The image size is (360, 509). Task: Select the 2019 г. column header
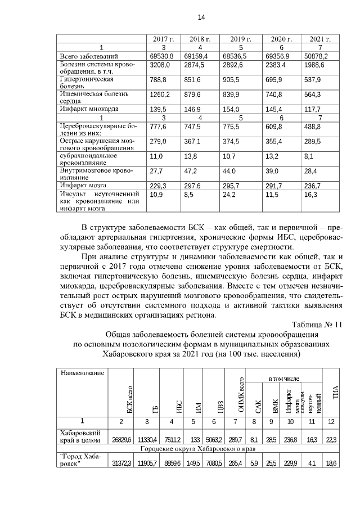tap(236, 39)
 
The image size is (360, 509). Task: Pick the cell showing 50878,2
tap(316, 57)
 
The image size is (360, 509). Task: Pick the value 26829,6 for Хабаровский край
tap(121, 439)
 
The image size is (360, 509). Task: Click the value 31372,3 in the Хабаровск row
tap(121, 462)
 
